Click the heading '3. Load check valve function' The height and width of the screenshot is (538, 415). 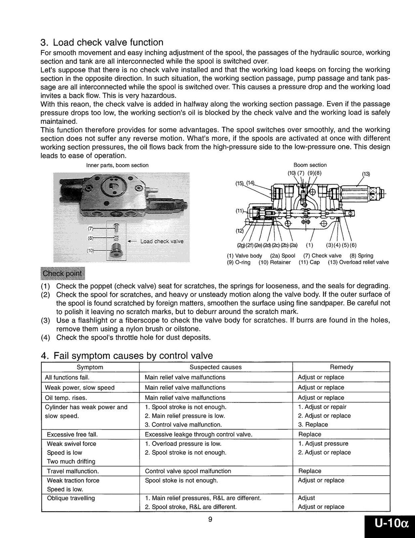(102, 42)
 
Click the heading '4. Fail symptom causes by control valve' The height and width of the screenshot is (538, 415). (127, 356)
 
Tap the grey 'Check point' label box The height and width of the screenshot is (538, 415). (62, 273)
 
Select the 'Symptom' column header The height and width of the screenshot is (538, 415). (90, 367)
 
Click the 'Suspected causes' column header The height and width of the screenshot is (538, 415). (216, 367)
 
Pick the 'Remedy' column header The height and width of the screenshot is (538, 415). (341, 367)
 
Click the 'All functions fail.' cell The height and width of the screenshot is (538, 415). (67, 377)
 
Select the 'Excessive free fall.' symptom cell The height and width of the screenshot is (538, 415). (72, 435)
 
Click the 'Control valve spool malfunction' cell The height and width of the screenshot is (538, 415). (188, 471)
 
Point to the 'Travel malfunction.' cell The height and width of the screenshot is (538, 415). (73, 471)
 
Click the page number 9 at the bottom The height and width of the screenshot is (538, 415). (210, 520)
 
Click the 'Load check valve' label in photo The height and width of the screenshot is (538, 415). (162, 241)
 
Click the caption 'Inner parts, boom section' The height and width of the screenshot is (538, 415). (117, 166)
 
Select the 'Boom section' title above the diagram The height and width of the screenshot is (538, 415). (310, 165)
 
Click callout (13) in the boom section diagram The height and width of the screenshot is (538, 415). (366, 174)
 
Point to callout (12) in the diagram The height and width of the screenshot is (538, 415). (239, 231)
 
